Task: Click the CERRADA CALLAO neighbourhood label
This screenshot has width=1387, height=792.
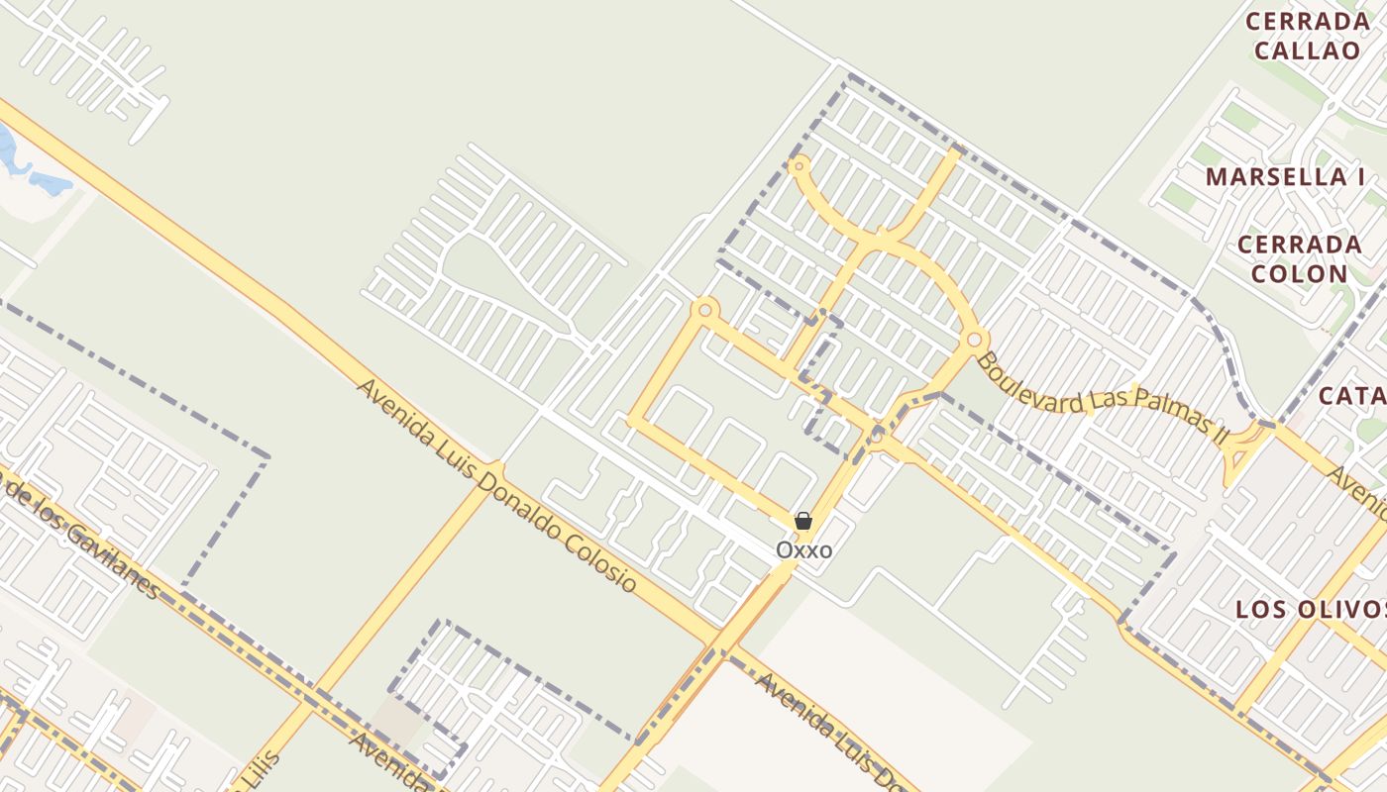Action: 1307,36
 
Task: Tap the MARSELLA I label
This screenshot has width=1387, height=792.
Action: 1285,177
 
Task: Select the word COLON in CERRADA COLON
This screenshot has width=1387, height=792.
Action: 1299,273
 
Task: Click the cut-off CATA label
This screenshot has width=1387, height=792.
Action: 1353,396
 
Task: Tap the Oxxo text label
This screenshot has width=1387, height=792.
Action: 803,549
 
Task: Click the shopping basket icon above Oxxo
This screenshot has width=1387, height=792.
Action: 803,521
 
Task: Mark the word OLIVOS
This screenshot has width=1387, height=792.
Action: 1344,609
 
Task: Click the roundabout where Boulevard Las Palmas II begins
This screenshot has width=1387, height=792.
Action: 974,340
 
